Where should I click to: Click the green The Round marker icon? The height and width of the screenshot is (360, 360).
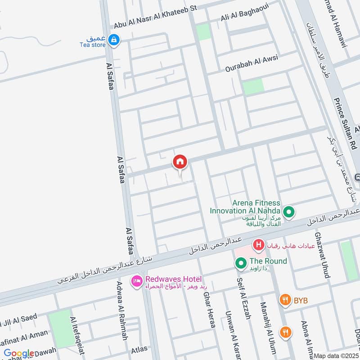click(x=240, y=262)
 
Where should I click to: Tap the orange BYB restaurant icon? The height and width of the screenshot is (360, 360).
click(x=285, y=299)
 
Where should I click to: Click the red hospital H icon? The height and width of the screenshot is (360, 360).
click(x=258, y=245)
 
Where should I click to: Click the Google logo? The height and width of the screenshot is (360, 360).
click(x=19, y=354)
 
